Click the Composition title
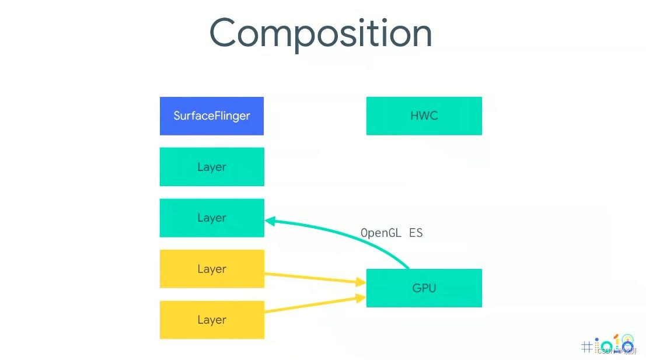tap(320, 33)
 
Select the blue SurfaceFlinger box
tap(211, 116)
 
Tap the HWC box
tap(424, 116)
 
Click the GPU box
tap(424, 288)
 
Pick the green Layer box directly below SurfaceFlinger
tap(211, 167)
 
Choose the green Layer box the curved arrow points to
tap(211, 218)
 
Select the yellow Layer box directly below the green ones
tap(211, 269)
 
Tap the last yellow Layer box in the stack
tap(211, 320)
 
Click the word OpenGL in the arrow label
tap(381, 233)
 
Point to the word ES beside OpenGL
tap(415, 233)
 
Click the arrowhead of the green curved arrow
tap(270, 221)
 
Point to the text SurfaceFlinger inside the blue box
tap(211, 116)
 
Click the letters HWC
tap(424, 116)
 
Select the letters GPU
tap(424, 288)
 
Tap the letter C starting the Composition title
tap(225, 33)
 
